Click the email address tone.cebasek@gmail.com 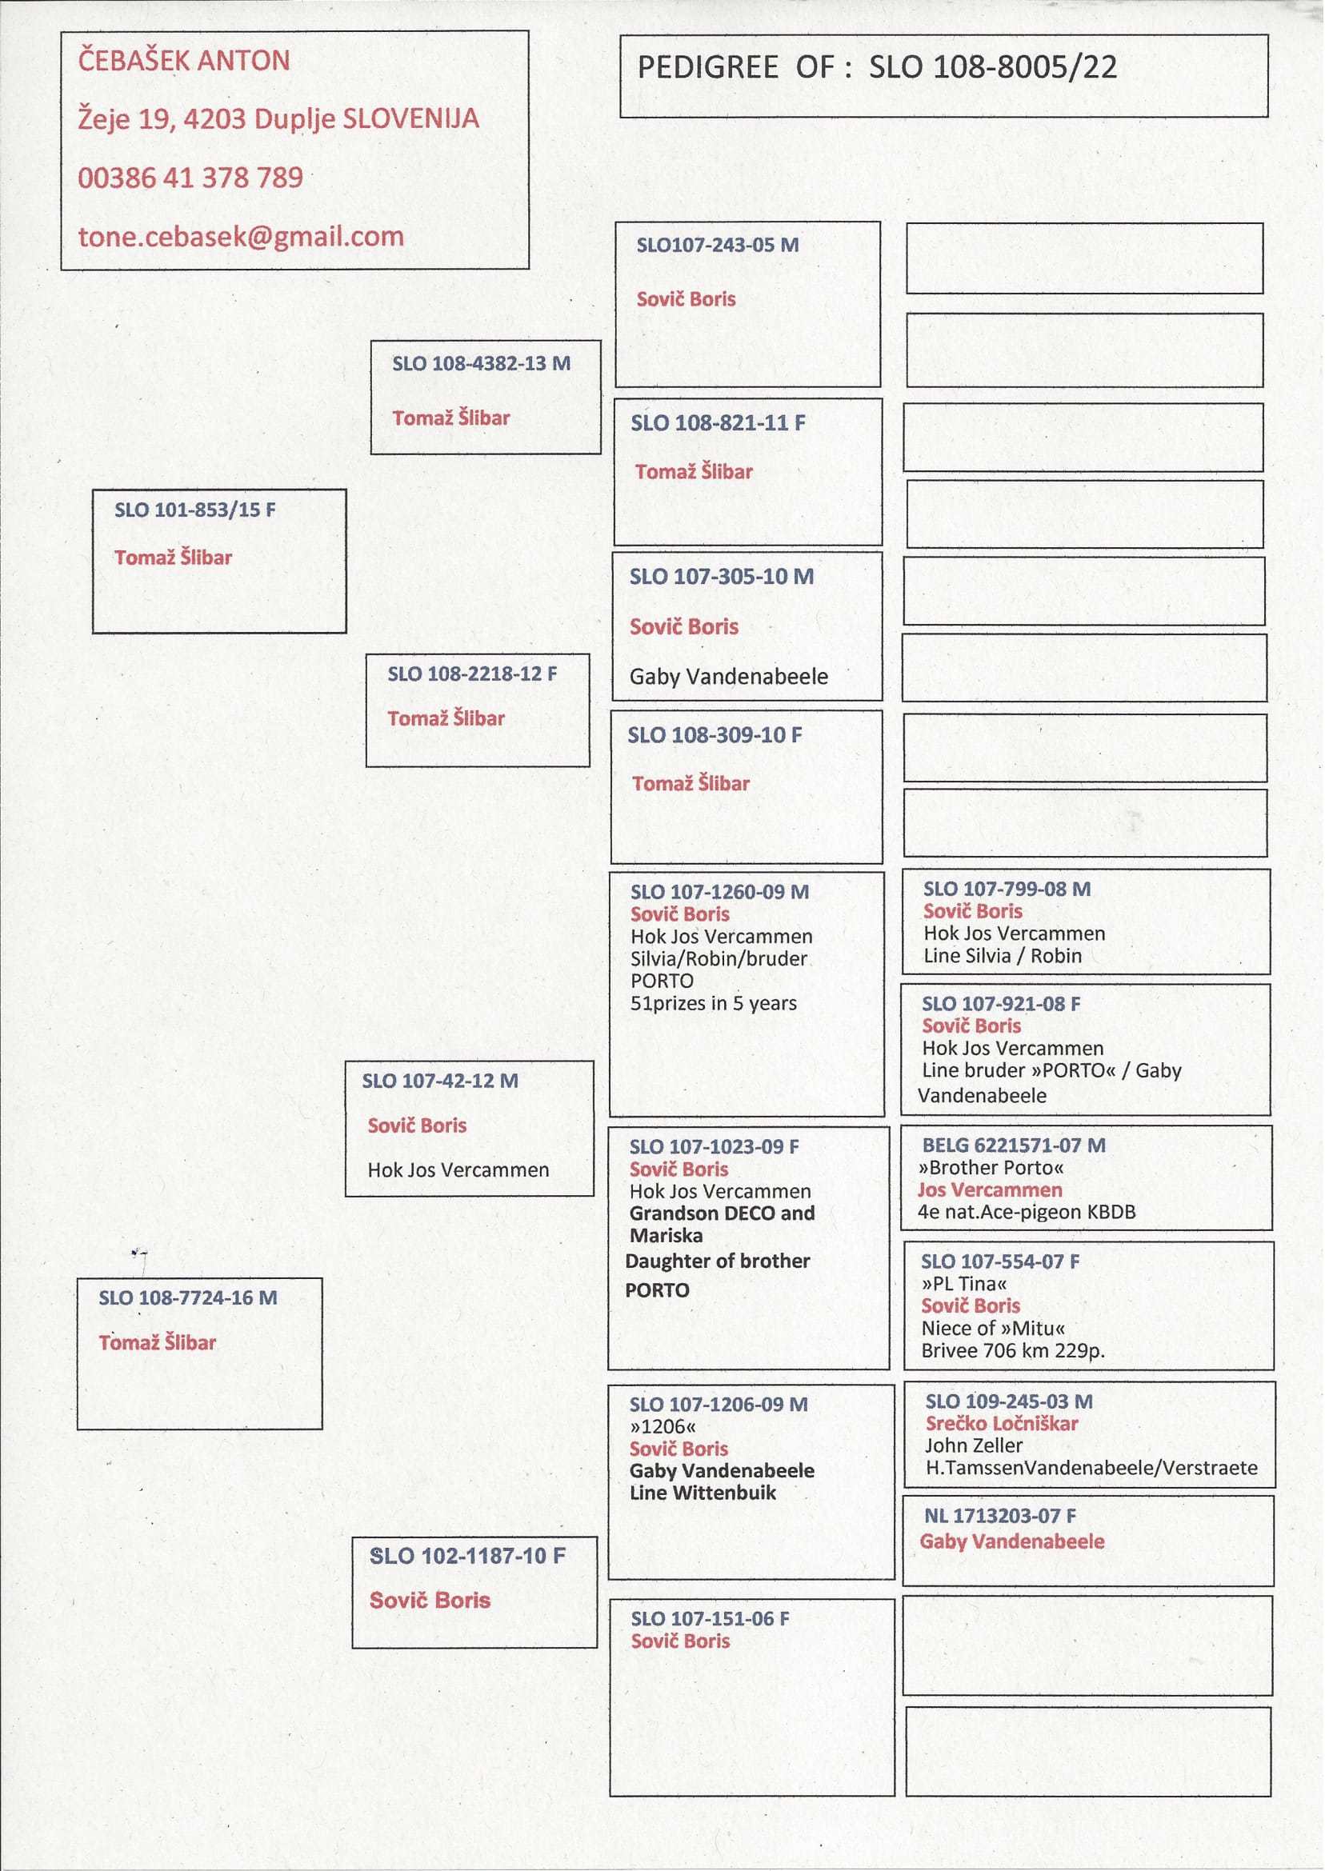coord(241,237)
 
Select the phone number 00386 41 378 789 coord(190,177)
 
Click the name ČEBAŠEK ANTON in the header coord(183,60)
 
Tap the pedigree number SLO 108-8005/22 coord(992,67)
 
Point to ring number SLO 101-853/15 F coord(195,510)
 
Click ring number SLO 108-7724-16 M coord(188,1297)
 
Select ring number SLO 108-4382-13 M coord(481,364)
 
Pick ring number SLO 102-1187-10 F coord(466,1555)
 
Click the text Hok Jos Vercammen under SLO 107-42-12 coord(458,1169)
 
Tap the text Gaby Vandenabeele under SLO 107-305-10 coord(728,676)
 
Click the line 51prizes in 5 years coord(713,1003)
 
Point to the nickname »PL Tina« coord(963,1283)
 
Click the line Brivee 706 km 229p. coord(1012,1349)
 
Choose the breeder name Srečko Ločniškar coord(1001,1423)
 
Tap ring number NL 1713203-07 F coord(999,1515)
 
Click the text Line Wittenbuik coord(703,1493)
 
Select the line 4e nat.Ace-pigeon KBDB coord(1026,1211)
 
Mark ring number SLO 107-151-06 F coord(709,1618)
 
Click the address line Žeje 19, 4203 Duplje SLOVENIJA coord(278,119)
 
